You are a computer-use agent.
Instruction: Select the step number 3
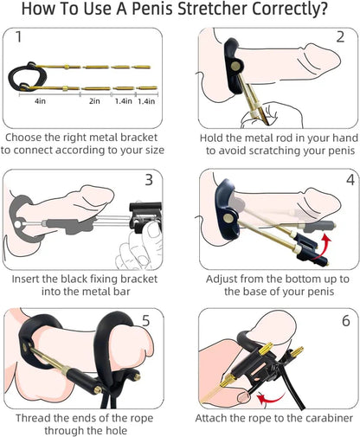[148, 180]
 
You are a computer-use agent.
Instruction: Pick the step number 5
[145, 320]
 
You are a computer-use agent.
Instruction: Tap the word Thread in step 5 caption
[35, 419]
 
